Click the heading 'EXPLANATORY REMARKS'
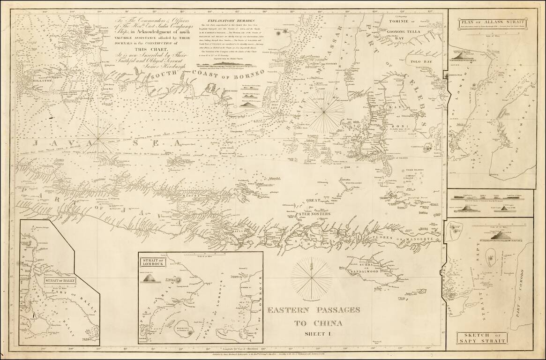[226, 22]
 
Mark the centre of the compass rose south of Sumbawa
[311, 277]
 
